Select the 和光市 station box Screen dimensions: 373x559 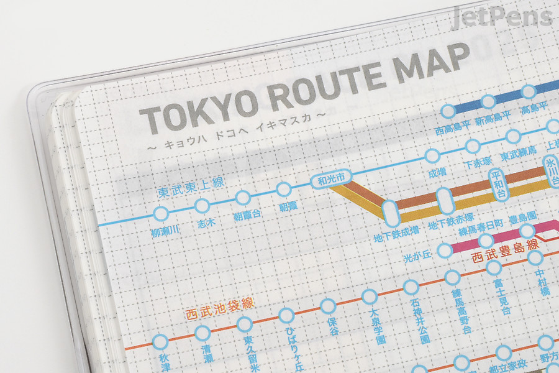pyautogui.click(x=331, y=182)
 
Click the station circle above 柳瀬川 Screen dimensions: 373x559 pyautogui.click(x=161, y=214)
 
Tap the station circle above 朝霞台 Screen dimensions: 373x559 pyautogui.click(x=243, y=198)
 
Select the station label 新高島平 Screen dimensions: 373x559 pyautogui.click(x=491, y=119)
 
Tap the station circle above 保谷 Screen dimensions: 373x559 pyautogui.click(x=328, y=305)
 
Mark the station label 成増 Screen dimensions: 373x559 pyautogui.click(x=437, y=172)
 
